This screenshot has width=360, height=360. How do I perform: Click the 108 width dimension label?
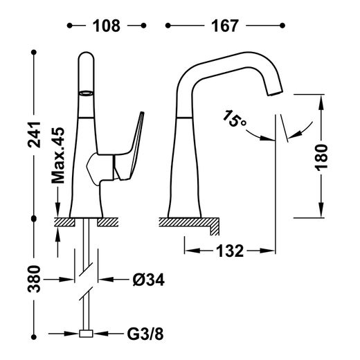pos(107,26)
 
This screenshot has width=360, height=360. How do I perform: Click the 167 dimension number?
pos(225,26)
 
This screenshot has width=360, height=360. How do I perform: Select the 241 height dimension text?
pos(34,134)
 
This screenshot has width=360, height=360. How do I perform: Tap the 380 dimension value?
pos(34,279)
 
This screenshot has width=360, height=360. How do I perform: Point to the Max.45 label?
pos(57,155)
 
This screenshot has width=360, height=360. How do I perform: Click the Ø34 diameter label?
pos(149,280)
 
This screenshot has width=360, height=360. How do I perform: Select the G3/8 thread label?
pos(145,334)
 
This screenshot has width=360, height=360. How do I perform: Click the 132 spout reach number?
pos(230,251)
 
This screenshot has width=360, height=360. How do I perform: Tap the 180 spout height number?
pos(322,158)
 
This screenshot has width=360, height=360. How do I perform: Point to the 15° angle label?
pos(234,119)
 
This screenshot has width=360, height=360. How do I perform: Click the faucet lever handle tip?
pos(142,113)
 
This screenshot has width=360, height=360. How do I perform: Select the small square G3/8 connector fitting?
pos(86,334)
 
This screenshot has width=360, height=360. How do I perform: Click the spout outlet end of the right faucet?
pos(275,93)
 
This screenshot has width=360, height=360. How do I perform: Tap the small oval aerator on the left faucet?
pos(87,93)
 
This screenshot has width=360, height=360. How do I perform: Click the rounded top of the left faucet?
pos(86,54)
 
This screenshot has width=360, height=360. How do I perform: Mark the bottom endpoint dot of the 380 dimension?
pos(34,337)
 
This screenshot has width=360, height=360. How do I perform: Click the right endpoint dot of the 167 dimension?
pos(282,26)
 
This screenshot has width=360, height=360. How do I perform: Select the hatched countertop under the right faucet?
pos(189,222)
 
